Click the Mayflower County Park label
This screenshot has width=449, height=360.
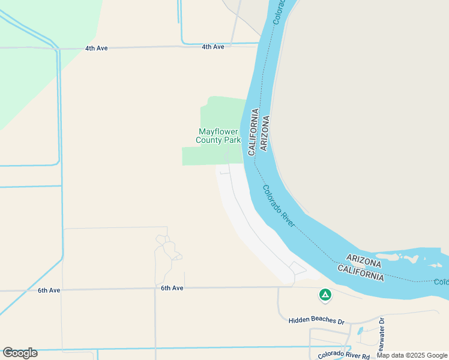218,136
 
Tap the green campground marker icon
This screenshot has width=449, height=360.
325,295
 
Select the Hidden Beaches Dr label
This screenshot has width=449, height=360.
316,321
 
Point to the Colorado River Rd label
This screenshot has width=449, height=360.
344,355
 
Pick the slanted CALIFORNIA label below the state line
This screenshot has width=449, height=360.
360,274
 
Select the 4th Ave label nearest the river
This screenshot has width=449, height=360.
212,47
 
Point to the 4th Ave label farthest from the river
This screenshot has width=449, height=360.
96,47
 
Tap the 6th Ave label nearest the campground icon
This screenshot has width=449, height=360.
172,288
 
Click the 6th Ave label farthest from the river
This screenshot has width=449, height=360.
49,290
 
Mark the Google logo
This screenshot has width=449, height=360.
20,353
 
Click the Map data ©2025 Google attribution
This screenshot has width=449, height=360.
412,355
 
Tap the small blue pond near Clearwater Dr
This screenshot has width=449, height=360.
360,331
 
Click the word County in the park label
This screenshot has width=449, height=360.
209,140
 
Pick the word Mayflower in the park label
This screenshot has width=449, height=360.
218,132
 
